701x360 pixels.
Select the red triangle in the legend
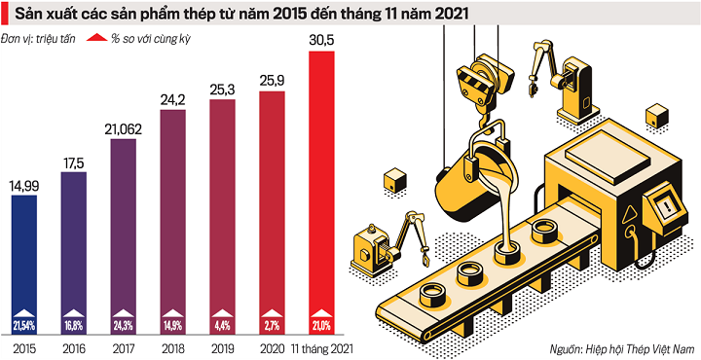(94, 40)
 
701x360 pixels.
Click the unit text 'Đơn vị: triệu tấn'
(41, 40)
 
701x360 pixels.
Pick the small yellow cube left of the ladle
(395, 178)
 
